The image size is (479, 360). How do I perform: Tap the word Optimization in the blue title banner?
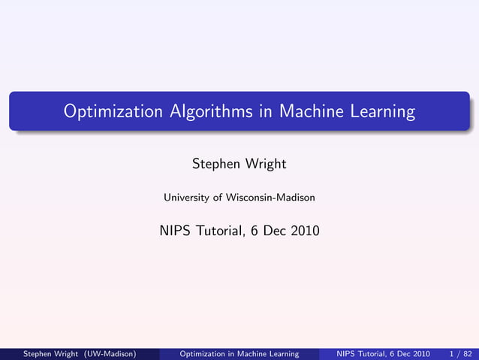[113, 112]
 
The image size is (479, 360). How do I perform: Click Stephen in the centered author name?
[214, 163]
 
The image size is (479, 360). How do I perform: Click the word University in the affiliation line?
[186, 198]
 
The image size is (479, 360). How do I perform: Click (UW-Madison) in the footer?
[110, 353]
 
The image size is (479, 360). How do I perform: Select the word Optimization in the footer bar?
[205, 353]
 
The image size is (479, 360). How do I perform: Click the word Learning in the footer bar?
[282, 353]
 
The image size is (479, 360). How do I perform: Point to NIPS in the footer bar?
[348, 353]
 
